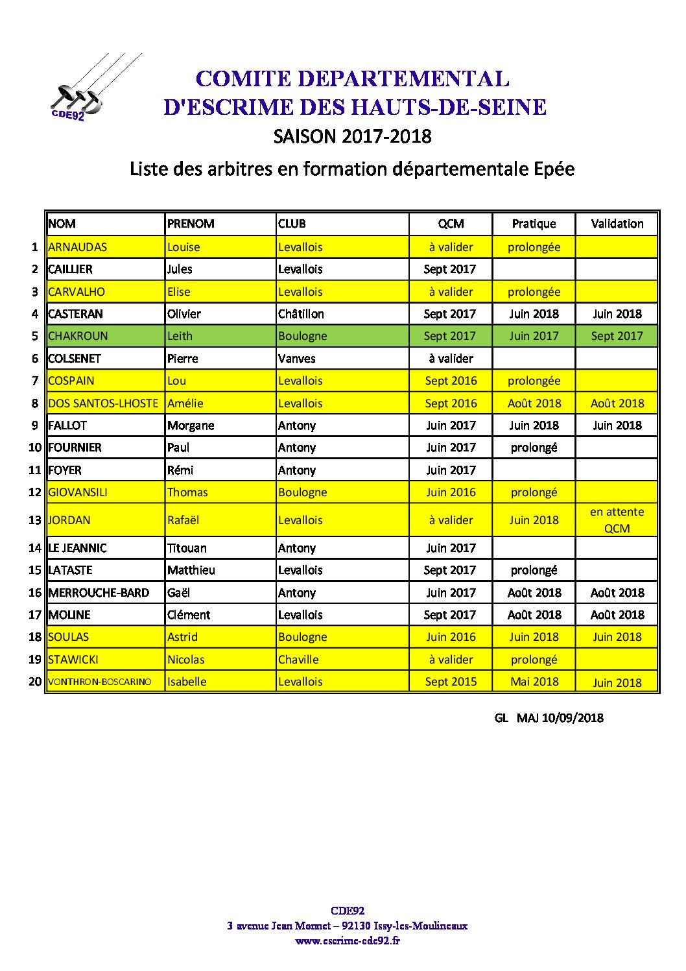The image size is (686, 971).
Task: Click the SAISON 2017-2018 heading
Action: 352,136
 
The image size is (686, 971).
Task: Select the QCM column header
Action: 451,224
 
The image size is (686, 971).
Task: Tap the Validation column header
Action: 617,224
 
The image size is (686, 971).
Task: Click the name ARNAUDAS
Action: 78,247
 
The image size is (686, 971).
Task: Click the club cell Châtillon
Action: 301,314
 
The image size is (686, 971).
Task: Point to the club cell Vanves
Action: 297,359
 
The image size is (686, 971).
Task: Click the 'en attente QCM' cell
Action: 617,520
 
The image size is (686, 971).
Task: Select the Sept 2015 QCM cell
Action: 451,682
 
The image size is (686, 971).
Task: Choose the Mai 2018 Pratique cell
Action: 534,682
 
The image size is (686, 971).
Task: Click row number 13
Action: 35,520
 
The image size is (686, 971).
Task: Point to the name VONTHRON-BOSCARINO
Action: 100,682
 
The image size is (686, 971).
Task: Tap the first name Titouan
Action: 187,548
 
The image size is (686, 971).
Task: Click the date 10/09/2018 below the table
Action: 573,717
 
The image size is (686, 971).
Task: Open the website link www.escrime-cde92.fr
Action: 348,941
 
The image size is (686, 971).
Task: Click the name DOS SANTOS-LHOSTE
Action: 103,403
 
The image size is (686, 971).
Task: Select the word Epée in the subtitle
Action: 554,169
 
